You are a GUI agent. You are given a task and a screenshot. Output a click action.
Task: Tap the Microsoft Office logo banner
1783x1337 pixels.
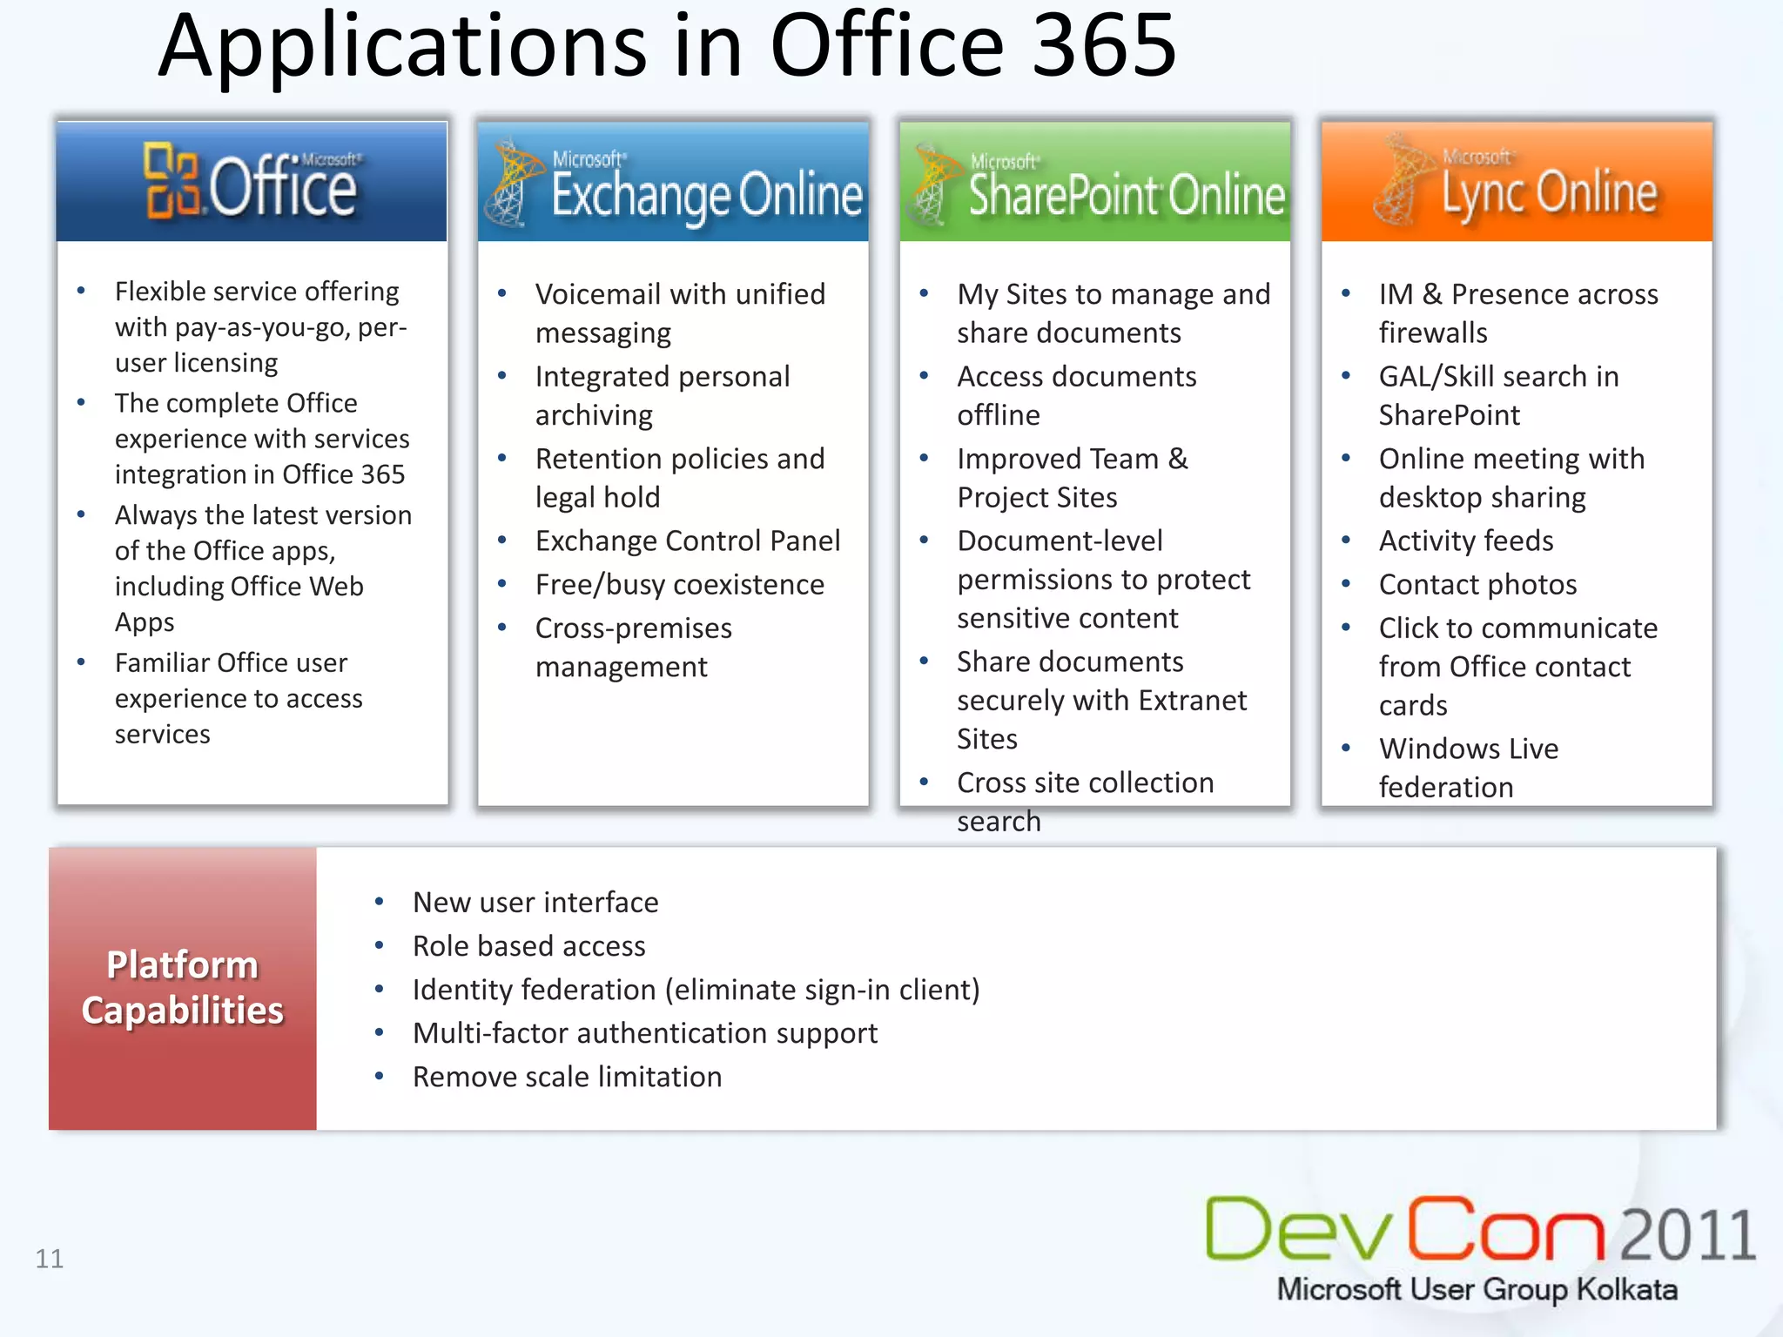pos(252,181)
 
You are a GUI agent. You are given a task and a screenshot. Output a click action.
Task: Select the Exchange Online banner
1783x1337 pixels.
pos(673,181)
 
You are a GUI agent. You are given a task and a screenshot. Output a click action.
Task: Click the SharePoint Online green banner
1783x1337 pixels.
pos(1094,181)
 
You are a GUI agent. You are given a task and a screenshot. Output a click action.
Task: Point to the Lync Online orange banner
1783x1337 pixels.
pos(1516,181)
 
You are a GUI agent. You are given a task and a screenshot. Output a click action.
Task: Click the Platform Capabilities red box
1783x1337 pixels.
pos(183,988)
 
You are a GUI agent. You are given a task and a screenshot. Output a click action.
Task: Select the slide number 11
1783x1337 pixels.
pos(50,1259)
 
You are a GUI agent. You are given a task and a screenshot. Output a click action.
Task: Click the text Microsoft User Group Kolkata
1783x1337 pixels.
pos(1477,1289)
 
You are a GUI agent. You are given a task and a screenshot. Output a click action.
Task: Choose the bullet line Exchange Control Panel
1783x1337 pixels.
pos(687,541)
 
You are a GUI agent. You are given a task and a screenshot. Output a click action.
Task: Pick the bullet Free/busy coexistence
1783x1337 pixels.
pos(679,584)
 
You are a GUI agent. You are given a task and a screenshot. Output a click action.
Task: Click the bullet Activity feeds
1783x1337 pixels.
pos(1465,541)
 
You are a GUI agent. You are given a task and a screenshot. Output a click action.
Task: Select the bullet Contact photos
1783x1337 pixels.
pos(1477,584)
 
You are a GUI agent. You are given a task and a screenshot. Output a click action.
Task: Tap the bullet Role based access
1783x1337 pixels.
pos(528,946)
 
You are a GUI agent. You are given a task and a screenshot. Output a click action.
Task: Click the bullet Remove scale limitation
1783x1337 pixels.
pos(567,1077)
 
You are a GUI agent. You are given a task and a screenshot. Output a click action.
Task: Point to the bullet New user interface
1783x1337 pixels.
pos(535,903)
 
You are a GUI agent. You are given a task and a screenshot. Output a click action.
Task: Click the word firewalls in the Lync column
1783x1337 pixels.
pos(1432,333)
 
